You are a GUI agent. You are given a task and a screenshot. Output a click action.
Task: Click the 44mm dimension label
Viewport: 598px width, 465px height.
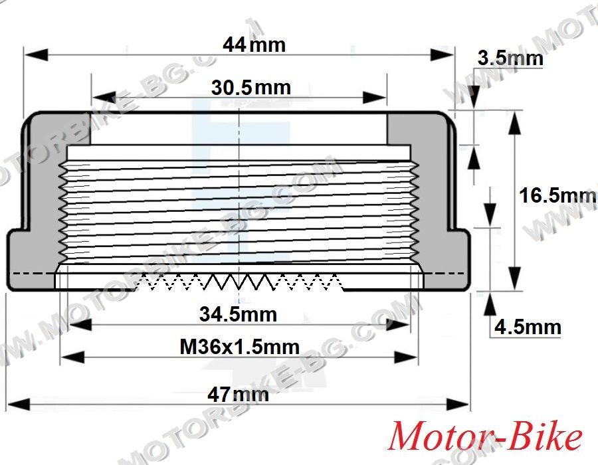pyautogui.click(x=254, y=45)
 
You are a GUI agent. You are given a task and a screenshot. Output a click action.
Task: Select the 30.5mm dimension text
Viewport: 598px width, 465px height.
pyautogui.click(x=251, y=87)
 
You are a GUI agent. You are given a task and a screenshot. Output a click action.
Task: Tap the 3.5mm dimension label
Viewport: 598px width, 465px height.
pyautogui.click(x=510, y=58)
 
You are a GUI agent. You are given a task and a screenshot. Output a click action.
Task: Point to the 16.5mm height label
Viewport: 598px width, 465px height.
pyautogui.click(x=557, y=195)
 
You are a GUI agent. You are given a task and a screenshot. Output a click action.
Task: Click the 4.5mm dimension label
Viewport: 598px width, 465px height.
pyautogui.click(x=528, y=327)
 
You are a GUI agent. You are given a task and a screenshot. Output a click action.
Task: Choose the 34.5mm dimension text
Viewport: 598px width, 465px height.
pyautogui.click(x=239, y=314)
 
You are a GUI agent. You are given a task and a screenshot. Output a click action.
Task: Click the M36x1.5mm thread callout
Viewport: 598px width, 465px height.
pyautogui.click(x=239, y=347)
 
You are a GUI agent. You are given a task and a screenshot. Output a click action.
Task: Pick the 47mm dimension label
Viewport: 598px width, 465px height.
pyautogui.click(x=238, y=394)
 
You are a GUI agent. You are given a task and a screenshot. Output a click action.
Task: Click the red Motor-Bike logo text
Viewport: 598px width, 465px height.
pyautogui.click(x=485, y=436)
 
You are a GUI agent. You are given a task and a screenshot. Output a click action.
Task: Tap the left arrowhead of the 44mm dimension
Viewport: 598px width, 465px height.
pyautogui.click(x=36, y=54)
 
